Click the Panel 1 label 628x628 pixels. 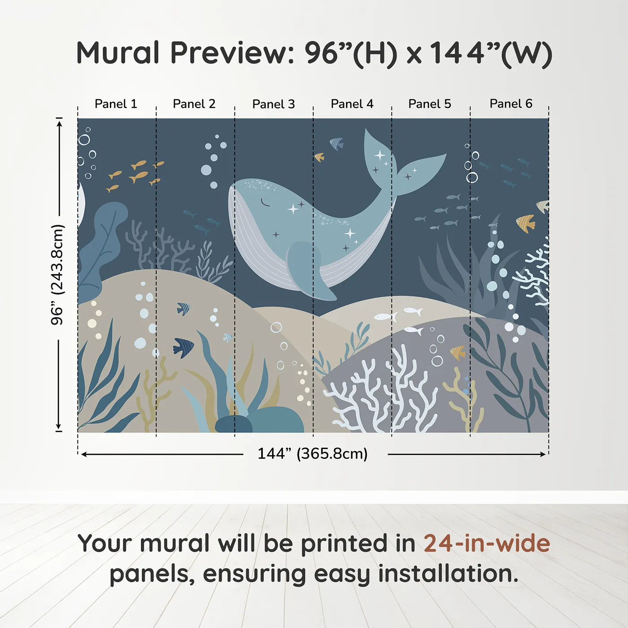116,104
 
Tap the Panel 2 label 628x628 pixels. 194,104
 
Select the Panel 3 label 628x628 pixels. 274,105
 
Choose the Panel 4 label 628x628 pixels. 352,104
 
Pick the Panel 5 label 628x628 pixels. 430,104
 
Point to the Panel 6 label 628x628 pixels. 511,104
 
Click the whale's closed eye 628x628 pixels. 266,203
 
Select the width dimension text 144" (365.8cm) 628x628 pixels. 313,454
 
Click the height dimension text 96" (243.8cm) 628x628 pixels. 58,275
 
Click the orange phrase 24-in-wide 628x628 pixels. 487,543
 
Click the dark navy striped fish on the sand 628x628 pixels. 184,347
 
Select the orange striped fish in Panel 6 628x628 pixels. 526,223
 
